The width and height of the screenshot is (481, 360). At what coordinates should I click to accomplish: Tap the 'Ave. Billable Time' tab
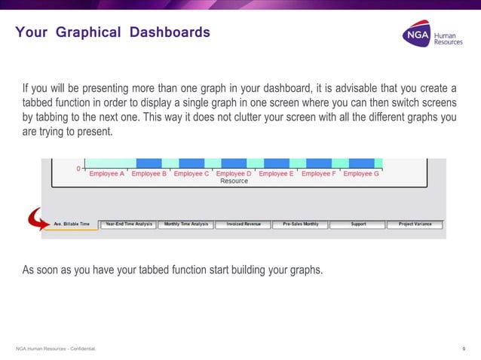point(72,224)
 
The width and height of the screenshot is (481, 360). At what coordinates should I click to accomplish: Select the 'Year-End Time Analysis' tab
point(128,224)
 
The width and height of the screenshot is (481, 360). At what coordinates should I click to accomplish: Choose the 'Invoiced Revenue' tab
point(243,224)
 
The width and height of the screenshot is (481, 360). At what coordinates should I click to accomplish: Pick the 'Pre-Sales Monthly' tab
point(300,224)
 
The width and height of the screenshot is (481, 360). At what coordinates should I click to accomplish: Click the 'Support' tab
point(357,224)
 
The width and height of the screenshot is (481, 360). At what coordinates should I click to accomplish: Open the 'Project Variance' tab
point(415,224)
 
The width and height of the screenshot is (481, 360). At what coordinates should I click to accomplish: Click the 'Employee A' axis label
point(106,174)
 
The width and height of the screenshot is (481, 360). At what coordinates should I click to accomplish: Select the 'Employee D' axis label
point(234,174)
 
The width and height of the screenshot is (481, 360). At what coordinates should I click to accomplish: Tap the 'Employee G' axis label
point(361,174)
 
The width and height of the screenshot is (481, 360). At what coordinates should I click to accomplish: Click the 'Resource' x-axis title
point(234,182)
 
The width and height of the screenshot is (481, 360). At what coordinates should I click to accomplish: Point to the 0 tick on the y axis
point(78,169)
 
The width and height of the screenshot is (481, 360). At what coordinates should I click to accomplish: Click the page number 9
point(463,348)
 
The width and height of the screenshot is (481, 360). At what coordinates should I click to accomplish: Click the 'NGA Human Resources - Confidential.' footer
point(56,348)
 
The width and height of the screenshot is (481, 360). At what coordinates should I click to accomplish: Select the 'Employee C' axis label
point(191,174)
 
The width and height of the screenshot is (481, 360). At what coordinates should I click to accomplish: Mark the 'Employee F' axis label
point(319,174)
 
